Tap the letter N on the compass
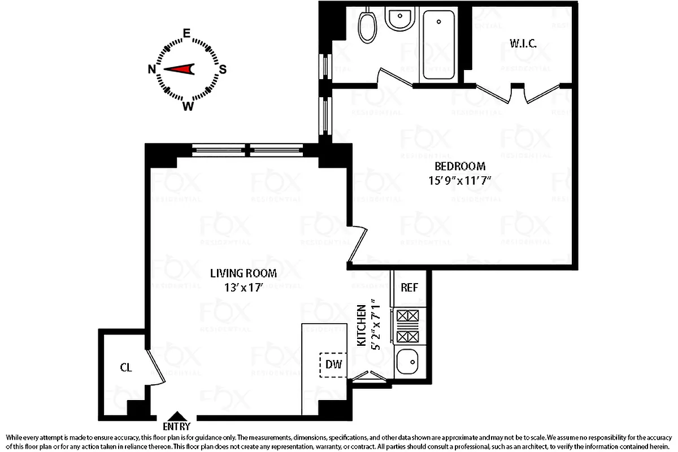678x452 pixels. (x=151, y=69)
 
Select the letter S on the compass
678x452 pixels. (x=223, y=69)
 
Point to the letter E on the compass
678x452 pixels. (x=187, y=33)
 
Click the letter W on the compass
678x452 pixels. (x=188, y=106)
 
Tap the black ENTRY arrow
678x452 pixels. (x=177, y=416)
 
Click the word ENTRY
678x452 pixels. (x=177, y=427)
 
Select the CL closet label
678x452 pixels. (x=125, y=368)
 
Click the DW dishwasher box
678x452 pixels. (x=334, y=365)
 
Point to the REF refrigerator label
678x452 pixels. (x=409, y=287)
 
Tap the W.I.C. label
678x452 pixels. (x=523, y=43)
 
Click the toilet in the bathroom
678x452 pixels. (x=367, y=25)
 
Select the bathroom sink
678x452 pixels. (x=401, y=19)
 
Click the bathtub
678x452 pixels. (x=439, y=45)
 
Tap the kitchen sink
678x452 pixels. (x=408, y=362)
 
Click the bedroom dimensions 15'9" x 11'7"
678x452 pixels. (x=460, y=181)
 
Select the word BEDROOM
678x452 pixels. (x=460, y=167)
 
